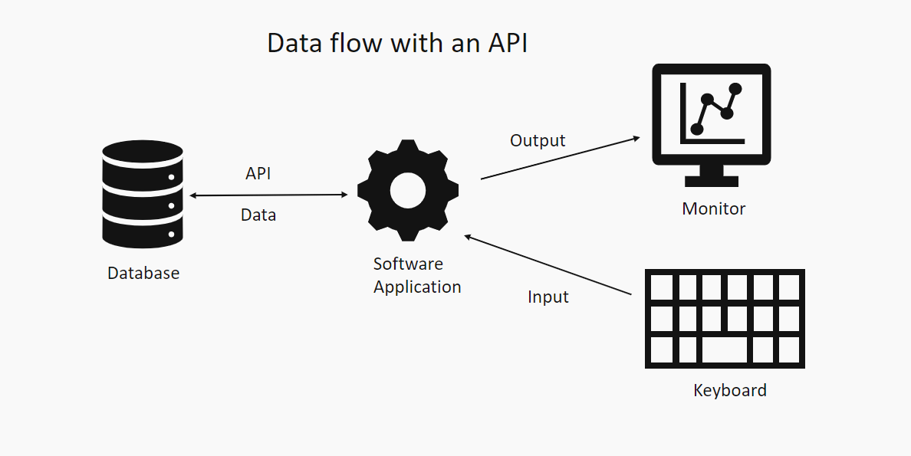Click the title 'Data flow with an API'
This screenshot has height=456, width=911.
coord(396,43)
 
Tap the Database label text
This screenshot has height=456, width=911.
coord(143,273)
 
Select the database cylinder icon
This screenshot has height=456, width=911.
coord(143,195)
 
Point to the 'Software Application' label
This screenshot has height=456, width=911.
coord(416,276)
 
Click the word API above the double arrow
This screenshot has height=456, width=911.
coord(258,174)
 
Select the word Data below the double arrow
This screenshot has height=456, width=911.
coord(258,215)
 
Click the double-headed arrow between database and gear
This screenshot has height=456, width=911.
coord(268,195)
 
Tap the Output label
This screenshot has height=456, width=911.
coord(538,141)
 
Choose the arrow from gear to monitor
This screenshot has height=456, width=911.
coord(560,159)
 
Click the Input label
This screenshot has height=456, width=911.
coord(548,297)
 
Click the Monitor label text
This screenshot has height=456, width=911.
coord(713,208)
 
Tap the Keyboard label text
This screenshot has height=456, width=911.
coord(729,391)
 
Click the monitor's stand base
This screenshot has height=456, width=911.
coord(711,182)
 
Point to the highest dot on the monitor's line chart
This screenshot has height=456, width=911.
coord(736,89)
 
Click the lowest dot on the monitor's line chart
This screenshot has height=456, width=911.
coord(697,129)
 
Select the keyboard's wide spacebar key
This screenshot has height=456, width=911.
coord(725,350)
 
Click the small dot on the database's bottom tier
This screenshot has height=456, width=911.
coord(172,234)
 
